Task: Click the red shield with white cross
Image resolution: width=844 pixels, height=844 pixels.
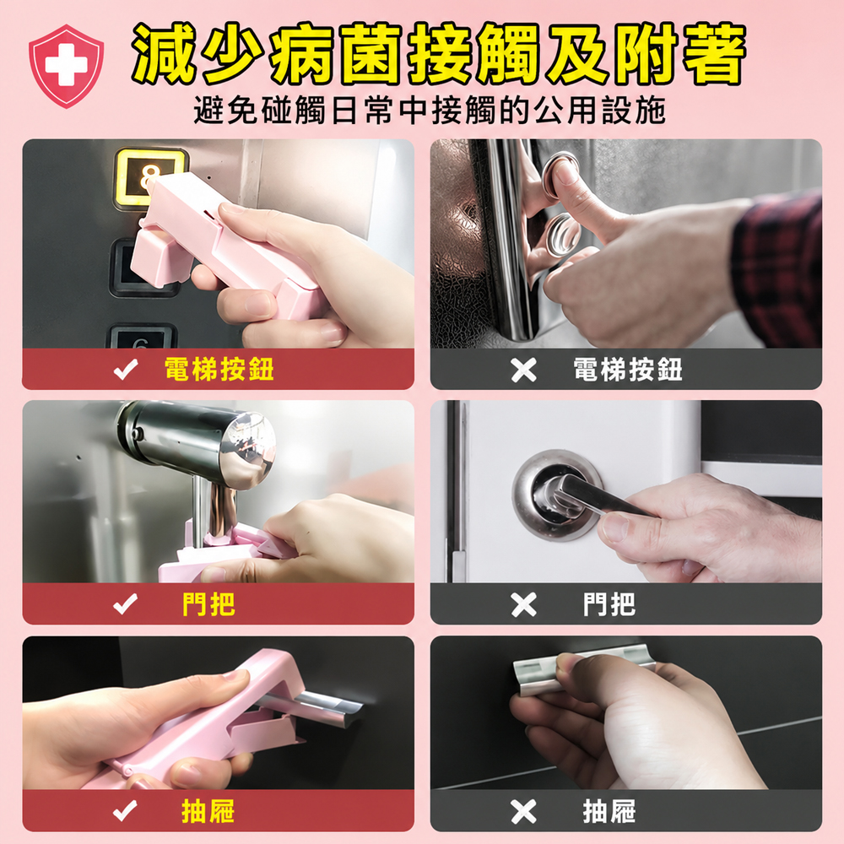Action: coord(66,66)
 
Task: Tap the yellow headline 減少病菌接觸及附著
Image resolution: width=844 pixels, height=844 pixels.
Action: coord(438,54)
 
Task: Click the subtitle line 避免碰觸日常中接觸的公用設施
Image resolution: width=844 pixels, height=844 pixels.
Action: coord(430,111)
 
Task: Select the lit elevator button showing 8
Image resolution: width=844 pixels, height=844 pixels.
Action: coord(149,177)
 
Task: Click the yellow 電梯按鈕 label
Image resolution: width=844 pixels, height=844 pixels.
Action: coord(219,370)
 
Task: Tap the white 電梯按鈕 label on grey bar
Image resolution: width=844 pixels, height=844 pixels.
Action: coord(628,370)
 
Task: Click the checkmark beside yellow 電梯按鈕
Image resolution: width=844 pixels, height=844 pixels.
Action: coord(126,370)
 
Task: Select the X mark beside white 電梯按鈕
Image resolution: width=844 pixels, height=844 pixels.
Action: coord(524,370)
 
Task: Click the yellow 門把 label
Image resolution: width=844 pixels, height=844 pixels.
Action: coord(208,604)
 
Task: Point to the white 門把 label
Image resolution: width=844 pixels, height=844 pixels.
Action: coord(609,604)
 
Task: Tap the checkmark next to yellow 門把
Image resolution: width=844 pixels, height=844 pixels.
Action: coord(126,604)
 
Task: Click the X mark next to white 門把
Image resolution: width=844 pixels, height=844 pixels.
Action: coord(524,604)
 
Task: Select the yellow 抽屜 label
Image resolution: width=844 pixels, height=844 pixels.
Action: coord(208,811)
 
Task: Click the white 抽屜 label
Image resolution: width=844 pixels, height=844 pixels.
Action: coord(609,811)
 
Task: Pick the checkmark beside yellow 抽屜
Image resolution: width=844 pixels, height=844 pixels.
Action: coord(126,811)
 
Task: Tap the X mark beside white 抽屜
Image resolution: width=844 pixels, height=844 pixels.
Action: coord(524,812)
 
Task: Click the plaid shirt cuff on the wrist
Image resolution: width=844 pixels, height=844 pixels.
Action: coord(777,269)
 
